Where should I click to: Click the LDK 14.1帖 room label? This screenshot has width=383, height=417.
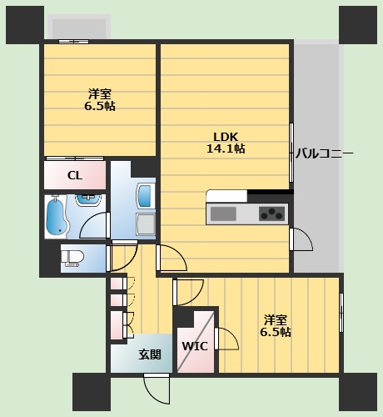click(x=226, y=143)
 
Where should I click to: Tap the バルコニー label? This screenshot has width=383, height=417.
click(x=324, y=153)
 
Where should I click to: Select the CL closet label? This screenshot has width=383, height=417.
click(x=74, y=175)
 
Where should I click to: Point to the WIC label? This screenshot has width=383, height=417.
click(x=194, y=346)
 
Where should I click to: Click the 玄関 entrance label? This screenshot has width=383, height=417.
click(x=150, y=354)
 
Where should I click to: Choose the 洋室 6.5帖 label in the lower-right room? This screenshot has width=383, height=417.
click(x=276, y=325)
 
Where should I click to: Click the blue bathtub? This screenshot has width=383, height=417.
click(x=57, y=217)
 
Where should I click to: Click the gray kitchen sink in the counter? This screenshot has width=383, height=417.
click(x=224, y=214)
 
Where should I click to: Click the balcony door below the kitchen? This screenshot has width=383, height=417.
click(x=301, y=240)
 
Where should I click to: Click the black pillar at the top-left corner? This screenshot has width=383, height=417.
click(x=24, y=23)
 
